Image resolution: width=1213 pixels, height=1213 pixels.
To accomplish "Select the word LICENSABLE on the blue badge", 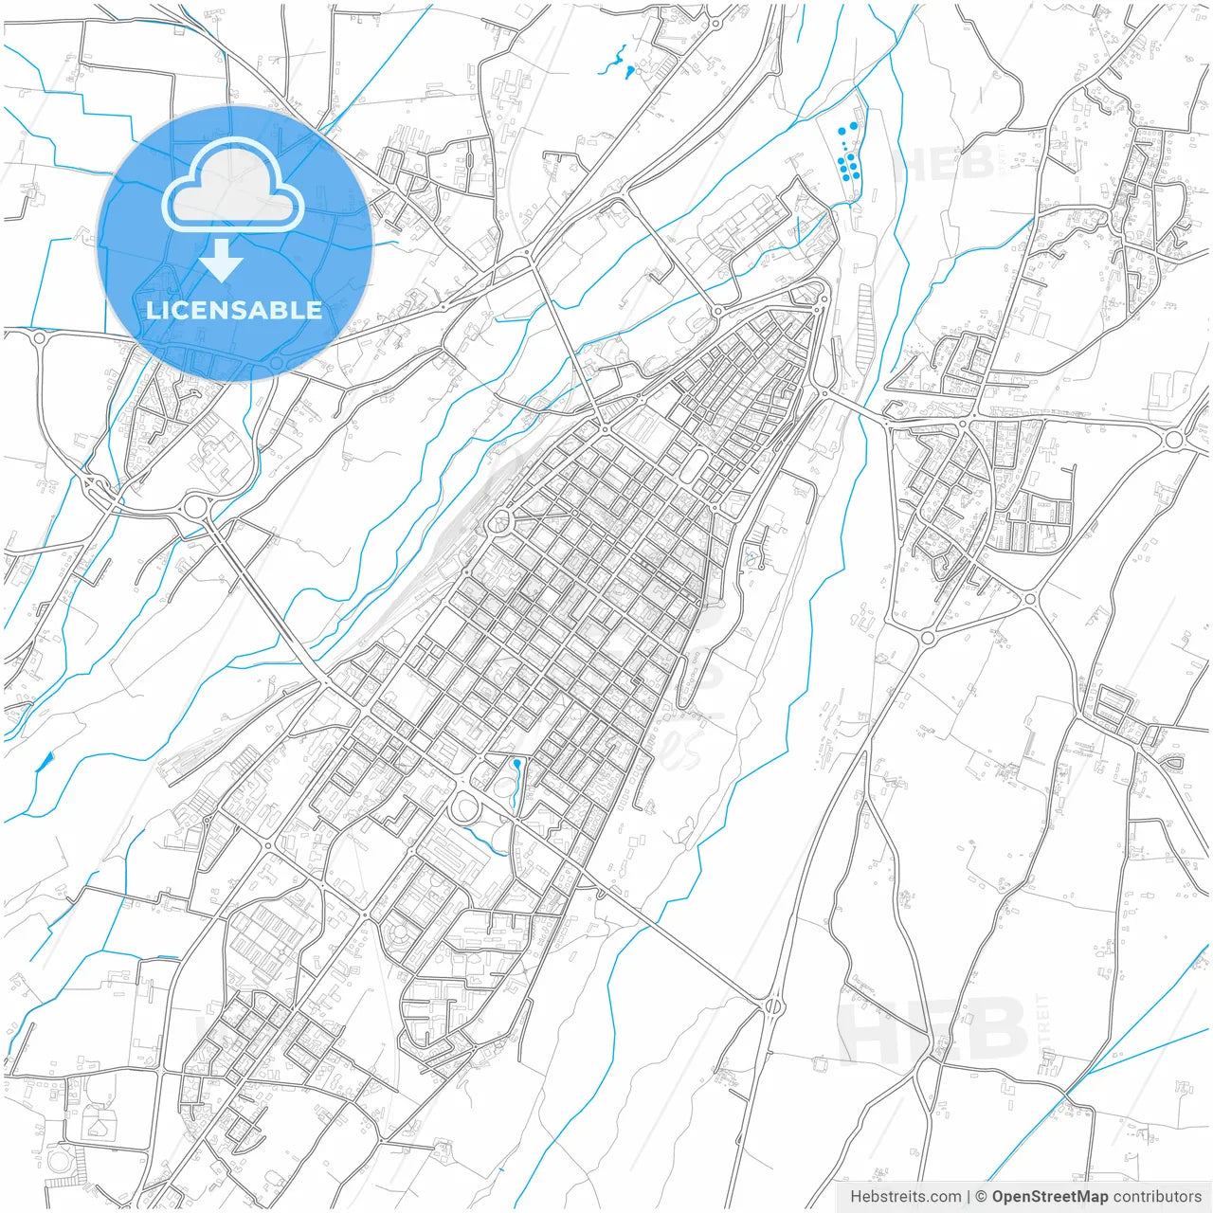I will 234,310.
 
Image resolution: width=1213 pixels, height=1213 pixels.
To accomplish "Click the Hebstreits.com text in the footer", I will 905,1196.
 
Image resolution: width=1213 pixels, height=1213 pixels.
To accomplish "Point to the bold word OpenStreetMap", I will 1049,1196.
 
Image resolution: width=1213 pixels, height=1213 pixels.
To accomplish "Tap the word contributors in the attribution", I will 1157,1196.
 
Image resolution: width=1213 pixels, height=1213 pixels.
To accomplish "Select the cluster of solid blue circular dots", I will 849,156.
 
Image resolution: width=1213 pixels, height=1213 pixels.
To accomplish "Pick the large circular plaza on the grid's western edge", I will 498,521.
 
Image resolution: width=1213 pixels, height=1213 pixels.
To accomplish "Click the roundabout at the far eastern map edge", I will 1173,439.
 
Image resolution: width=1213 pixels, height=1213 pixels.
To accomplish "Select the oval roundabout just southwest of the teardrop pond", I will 464,808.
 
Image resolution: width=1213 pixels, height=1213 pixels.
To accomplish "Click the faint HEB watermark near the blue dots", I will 944,163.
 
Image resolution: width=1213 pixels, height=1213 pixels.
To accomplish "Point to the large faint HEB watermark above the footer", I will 933,1031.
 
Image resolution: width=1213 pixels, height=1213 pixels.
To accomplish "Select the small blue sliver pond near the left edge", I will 45,760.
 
